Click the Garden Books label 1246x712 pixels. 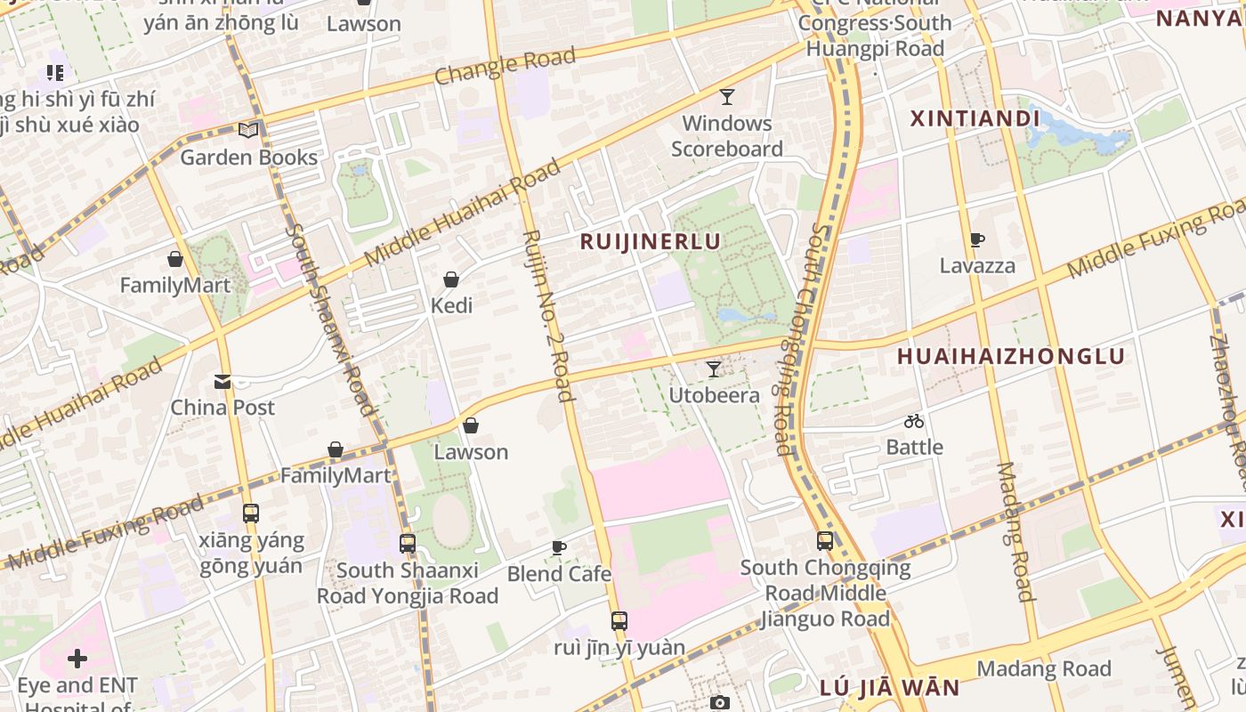(x=248, y=158)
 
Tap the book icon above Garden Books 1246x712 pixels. (x=248, y=130)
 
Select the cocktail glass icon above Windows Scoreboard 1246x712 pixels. (x=727, y=96)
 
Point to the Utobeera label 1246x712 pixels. (x=714, y=395)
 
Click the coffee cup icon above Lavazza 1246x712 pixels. (x=976, y=239)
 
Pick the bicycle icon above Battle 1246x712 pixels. (x=914, y=421)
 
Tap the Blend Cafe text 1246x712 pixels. (x=559, y=574)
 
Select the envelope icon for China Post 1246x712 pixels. (x=222, y=382)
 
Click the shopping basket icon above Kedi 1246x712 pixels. (x=451, y=279)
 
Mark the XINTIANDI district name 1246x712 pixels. (x=975, y=118)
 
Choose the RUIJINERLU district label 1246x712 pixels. (x=650, y=241)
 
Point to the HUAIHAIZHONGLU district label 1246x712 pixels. (x=1010, y=356)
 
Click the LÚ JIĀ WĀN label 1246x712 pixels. (x=889, y=687)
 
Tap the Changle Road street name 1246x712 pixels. (x=505, y=68)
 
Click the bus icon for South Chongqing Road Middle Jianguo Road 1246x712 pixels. (x=825, y=540)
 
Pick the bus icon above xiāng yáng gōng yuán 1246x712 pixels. (x=251, y=514)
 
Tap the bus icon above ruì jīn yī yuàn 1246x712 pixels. (x=619, y=621)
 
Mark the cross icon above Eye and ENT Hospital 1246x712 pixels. (x=77, y=659)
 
